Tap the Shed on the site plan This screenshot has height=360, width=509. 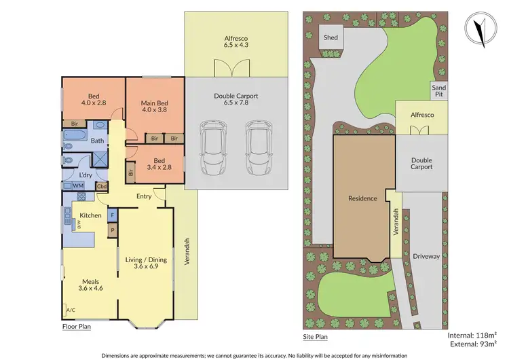331,38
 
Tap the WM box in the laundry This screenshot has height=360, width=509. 78,185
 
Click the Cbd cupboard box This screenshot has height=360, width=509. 102,185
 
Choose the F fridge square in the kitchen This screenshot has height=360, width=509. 112,215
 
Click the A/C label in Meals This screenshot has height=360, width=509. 71,310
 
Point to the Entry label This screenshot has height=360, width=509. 144,196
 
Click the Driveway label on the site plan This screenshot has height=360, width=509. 426,256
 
